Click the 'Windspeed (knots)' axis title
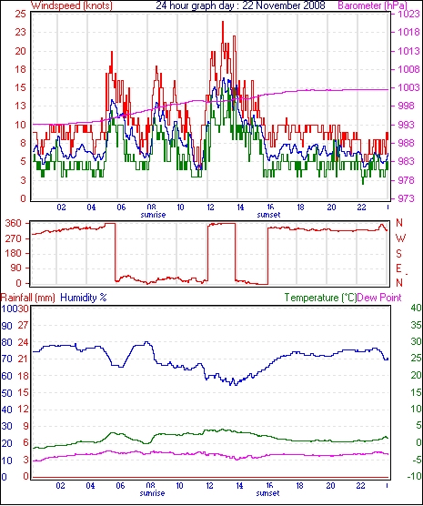(72, 5)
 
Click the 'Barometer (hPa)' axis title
(373, 5)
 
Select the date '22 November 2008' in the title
(284, 5)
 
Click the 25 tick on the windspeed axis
(20, 14)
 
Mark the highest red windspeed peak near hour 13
(223, 22)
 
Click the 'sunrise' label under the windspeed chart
(153, 214)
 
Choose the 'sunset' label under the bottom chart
(267, 493)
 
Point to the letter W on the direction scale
(400, 238)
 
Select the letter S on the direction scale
(398, 254)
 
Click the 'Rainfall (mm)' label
(27, 298)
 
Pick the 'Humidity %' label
(84, 298)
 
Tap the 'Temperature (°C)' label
(320, 298)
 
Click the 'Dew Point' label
(379, 298)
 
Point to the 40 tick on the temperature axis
(417, 308)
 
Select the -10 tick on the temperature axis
(415, 476)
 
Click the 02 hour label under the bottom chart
(60, 485)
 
